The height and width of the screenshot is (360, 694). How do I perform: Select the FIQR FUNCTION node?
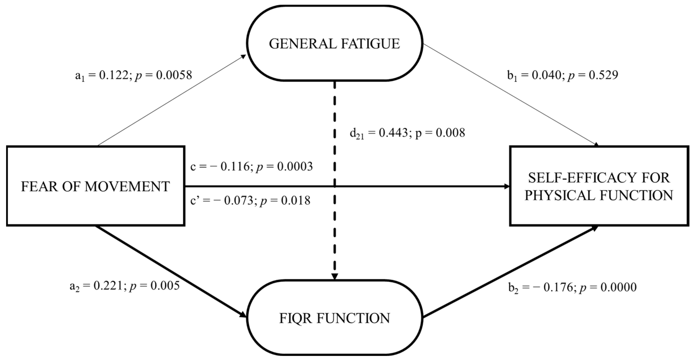point(334,318)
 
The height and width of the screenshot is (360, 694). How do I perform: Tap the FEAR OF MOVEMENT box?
point(95,186)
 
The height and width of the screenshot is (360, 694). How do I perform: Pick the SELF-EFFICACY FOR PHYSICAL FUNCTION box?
point(599,186)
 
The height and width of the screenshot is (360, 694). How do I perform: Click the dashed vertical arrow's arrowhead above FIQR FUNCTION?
point(335,277)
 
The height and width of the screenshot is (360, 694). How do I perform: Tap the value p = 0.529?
point(593,75)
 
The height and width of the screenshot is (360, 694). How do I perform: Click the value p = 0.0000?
point(608,287)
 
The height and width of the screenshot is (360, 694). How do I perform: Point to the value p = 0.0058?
point(163,75)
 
